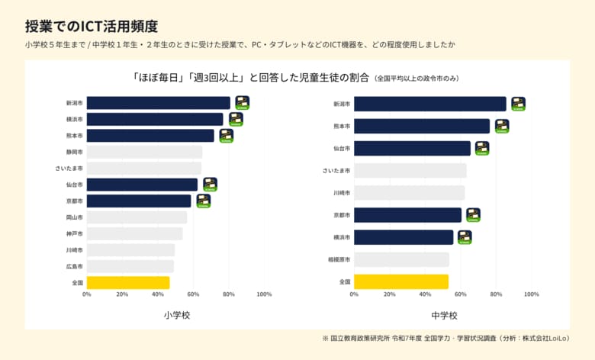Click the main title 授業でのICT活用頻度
click(x=91, y=26)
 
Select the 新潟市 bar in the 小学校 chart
click(x=158, y=103)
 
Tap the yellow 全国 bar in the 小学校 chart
click(x=128, y=282)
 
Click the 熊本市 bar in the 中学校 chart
click(x=421, y=126)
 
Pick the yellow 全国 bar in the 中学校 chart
click(x=400, y=281)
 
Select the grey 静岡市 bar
click(x=144, y=152)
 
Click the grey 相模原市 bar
click(x=401, y=259)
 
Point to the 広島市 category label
click(x=74, y=266)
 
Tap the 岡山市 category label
click(x=74, y=217)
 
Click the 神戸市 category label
click(x=74, y=233)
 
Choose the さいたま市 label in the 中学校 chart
click(x=336, y=170)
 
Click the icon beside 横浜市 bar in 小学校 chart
click(x=236, y=119)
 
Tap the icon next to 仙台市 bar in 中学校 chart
click(x=482, y=148)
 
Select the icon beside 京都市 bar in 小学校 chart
click(x=203, y=201)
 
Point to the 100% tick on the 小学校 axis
click(x=264, y=294)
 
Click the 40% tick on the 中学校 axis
click(x=425, y=294)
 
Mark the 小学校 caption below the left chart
click(x=175, y=315)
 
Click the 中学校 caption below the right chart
click(x=443, y=315)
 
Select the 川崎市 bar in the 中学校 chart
click(x=409, y=192)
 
